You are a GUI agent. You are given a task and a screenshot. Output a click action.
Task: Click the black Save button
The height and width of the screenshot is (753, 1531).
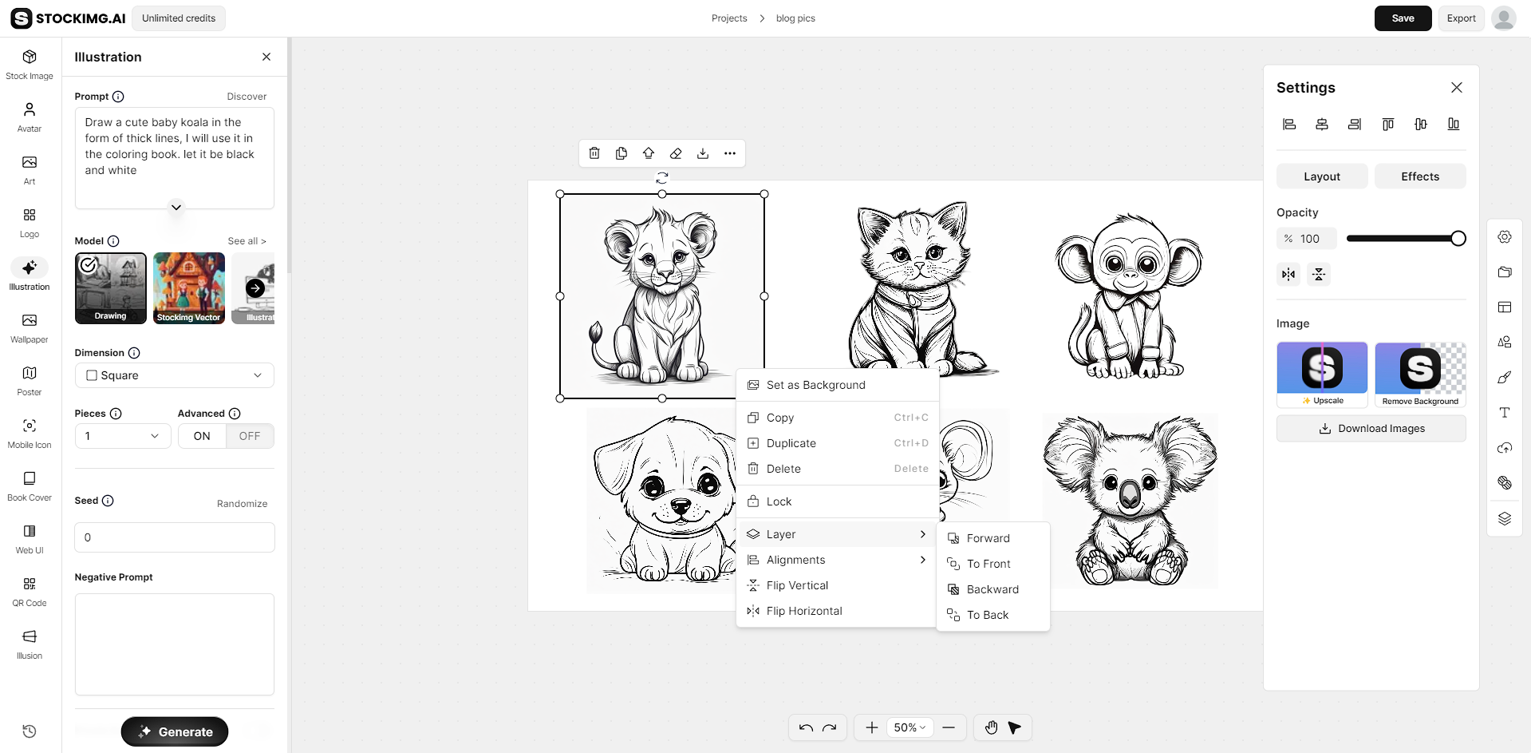[x=1403, y=18]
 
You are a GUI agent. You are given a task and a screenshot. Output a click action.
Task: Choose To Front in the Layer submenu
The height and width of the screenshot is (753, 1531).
[x=988, y=564]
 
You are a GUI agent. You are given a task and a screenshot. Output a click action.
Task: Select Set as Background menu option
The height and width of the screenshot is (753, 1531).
[x=815, y=385]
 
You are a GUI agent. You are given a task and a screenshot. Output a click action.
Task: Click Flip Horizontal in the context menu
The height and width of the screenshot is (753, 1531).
[x=803, y=611]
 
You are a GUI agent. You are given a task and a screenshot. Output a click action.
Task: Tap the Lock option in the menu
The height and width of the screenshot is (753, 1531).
[x=779, y=501]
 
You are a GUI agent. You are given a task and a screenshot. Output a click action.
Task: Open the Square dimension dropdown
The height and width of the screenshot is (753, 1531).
[x=174, y=375]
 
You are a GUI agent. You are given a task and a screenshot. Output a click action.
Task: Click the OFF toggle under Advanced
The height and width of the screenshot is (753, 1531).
[x=250, y=436]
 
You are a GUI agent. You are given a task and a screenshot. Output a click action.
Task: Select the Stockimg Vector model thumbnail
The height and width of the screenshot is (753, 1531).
[x=189, y=287]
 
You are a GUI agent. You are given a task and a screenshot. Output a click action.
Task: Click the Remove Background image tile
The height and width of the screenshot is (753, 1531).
[x=1420, y=374]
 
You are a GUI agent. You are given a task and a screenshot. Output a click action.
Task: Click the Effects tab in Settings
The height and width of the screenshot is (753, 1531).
[x=1420, y=176]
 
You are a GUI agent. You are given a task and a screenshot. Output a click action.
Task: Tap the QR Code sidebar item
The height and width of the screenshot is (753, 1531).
[x=30, y=592]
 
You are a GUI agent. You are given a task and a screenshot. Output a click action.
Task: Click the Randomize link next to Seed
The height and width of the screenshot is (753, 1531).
[x=242, y=504]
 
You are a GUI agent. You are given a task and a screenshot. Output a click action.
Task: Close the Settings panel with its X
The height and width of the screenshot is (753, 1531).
[x=1457, y=88]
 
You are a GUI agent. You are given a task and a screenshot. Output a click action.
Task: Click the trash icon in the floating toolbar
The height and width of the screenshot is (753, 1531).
[x=594, y=153]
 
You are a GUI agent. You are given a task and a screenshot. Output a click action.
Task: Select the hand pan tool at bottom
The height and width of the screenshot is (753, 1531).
[x=991, y=727]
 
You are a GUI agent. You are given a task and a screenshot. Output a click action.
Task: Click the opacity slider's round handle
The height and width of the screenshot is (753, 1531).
[x=1458, y=238]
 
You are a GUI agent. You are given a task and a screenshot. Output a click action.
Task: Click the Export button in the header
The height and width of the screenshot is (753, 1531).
[x=1461, y=18]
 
